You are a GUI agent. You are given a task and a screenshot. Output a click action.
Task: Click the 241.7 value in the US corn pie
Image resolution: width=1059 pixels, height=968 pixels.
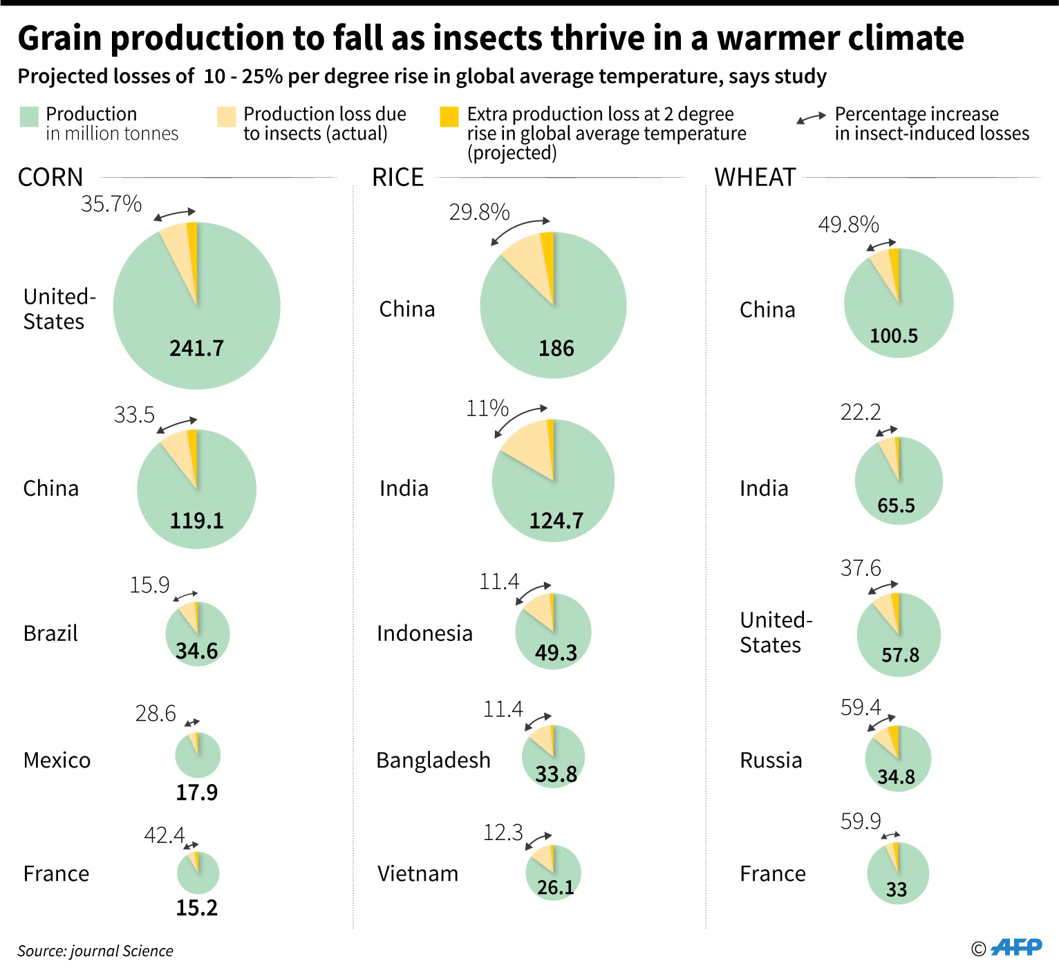pyautogui.click(x=197, y=348)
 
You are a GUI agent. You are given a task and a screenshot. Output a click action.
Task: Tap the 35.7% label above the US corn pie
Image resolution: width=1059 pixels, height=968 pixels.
pyautogui.click(x=111, y=204)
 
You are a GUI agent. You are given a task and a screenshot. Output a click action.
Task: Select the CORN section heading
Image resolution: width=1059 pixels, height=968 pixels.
pyautogui.click(x=50, y=178)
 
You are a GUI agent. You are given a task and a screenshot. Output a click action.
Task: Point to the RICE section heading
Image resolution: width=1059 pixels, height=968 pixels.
pyautogui.click(x=397, y=178)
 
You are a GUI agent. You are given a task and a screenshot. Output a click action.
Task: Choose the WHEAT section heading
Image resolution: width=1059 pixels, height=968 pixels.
pyautogui.click(x=756, y=178)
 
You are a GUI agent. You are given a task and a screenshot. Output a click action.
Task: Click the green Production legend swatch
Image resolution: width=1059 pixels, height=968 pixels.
pyautogui.click(x=29, y=117)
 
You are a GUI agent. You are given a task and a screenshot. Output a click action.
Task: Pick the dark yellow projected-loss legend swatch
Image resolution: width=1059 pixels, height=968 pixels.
pyautogui.click(x=449, y=117)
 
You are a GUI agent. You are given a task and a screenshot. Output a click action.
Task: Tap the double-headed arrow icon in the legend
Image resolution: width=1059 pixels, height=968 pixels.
pyautogui.click(x=811, y=118)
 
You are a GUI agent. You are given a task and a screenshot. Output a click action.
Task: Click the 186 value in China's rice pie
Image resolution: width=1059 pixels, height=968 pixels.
pyautogui.click(x=556, y=348)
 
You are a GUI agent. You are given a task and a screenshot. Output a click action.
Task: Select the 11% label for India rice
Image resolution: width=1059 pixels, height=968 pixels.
pyautogui.click(x=487, y=409)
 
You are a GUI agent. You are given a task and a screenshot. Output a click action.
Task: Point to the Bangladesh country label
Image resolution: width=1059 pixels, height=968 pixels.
pyautogui.click(x=433, y=760)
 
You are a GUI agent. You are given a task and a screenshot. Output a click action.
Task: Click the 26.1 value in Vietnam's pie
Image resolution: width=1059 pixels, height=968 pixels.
pyautogui.click(x=556, y=887)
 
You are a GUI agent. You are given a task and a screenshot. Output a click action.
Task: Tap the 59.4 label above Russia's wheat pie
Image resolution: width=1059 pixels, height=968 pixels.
pyautogui.click(x=861, y=707)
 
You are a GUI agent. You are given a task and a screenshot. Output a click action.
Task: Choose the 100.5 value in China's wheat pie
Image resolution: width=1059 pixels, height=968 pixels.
pyautogui.click(x=894, y=336)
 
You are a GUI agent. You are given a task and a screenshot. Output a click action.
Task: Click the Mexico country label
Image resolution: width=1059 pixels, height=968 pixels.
pyautogui.click(x=57, y=760)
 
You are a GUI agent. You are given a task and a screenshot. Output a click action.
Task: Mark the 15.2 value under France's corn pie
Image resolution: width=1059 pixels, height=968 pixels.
pyautogui.click(x=197, y=907)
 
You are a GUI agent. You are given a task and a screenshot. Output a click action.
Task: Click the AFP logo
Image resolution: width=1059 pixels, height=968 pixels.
pyautogui.click(x=1016, y=947)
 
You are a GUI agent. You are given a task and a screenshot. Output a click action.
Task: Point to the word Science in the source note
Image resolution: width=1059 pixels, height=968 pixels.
pyautogui.click(x=149, y=951)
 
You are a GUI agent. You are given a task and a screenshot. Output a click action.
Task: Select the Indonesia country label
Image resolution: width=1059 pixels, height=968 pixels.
pyautogui.click(x=424, y=633)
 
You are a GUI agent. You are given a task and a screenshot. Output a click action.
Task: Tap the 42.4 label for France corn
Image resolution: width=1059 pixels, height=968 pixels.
pyautogui.click(x=165, y=835)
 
